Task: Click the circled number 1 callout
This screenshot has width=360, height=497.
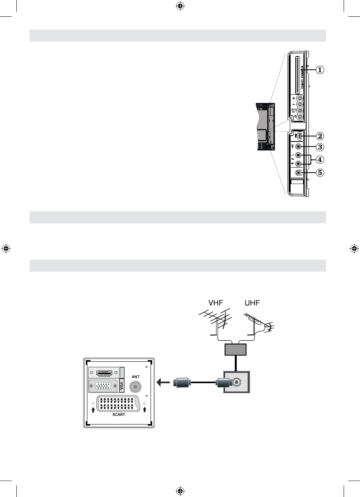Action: (x=319, y=70)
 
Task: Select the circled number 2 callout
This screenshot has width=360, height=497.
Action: (x=319, y=136)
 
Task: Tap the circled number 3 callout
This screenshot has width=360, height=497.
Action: (x=319, y=147)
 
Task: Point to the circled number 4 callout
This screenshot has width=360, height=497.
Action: (x=319, y=159)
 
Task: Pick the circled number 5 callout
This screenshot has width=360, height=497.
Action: (x=319, y=172)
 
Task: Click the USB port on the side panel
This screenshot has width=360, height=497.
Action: (x=299, y=136)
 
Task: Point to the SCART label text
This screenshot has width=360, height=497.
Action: (x=119, y=414)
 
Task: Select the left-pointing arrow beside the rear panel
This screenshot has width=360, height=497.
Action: (x=163, y=383)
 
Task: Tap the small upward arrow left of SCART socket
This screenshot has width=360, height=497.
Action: (x=93, y=409)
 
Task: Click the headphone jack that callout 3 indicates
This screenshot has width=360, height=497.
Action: (x=299, y=147)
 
